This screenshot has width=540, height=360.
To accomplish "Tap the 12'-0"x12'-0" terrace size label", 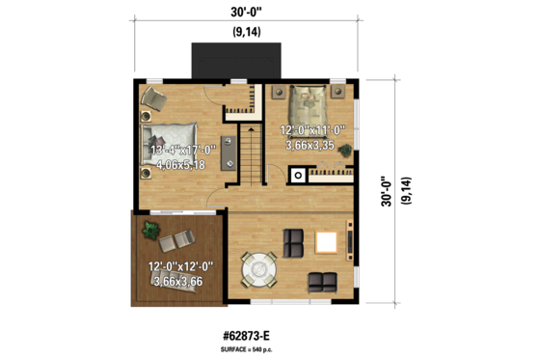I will (180, 266).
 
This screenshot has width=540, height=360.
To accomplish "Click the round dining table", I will (259, 265).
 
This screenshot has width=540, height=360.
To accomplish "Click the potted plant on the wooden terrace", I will (149, 230).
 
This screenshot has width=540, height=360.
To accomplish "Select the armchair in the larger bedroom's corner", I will (154, 97).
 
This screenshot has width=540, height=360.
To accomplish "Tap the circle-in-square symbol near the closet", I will (298, 176).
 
